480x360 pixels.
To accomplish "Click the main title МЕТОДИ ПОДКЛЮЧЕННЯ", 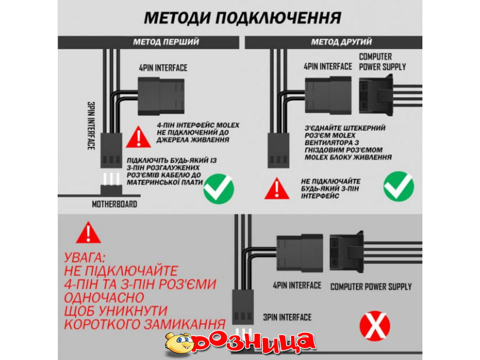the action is [242, 18].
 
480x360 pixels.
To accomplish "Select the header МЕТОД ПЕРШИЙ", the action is [166, 42].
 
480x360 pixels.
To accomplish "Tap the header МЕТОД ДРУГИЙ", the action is [341, 42].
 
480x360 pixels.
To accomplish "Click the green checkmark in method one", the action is [218, 188].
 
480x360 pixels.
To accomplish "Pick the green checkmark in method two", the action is [398, 187].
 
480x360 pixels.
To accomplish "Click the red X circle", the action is [374, 326].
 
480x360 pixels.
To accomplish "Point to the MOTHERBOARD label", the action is [115, 204].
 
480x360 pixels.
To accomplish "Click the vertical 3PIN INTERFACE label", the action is [91, 126].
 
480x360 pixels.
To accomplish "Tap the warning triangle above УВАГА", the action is [88, 233].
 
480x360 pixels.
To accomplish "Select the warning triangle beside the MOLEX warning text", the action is [139, 137].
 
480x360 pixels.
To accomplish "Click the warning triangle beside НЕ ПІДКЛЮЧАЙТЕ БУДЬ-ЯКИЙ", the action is [277, 188].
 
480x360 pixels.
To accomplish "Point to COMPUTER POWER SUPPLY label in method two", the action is [382, 62].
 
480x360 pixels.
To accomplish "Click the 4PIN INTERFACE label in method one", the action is [163, 68].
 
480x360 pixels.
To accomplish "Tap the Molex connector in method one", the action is [161, 97].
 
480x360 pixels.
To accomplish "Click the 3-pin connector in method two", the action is [278, 151].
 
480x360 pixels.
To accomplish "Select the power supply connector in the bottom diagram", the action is [347, 251].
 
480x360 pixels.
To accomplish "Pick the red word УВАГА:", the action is [85, 258].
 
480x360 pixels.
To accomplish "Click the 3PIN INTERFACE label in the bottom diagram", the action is [287, 317].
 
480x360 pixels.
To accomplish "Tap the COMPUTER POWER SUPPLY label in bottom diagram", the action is [371, 287].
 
